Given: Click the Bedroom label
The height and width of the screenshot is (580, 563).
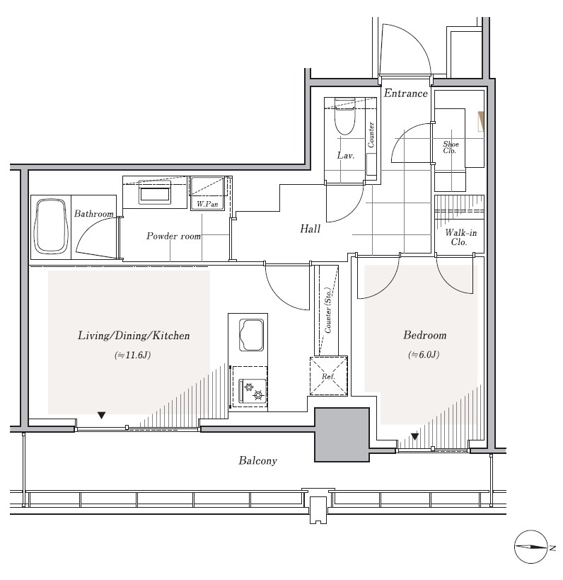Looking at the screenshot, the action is (424, 335).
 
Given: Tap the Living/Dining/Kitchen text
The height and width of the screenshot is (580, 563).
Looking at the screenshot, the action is (134, 336).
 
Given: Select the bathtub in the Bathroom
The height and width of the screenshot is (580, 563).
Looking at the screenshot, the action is (52, 227).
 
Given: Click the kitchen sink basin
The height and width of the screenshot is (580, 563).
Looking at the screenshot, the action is (251, 335).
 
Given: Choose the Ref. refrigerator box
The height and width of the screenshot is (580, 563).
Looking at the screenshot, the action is (328, 376).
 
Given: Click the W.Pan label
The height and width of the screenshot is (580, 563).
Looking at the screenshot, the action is (207, 204).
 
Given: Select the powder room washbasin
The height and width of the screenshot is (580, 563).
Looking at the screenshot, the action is (155, 192).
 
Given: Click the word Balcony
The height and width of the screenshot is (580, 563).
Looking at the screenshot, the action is (257, 461).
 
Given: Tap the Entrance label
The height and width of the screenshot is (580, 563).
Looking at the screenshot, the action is (405, 93).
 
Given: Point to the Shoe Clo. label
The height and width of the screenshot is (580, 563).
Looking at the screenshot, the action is (451, 147).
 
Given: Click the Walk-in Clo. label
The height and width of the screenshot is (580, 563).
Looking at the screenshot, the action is (460, 237).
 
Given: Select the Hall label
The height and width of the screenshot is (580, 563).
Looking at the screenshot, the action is (310, 229).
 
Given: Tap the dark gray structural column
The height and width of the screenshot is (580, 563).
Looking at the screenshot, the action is (342, 435).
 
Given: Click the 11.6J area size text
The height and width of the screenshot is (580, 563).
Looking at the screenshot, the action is (133, 355).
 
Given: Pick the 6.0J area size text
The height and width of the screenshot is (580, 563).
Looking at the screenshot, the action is (424, 355).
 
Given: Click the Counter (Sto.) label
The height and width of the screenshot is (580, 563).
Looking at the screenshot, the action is (328, 310).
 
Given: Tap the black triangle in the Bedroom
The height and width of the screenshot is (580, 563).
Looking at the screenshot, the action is (415, 437).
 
